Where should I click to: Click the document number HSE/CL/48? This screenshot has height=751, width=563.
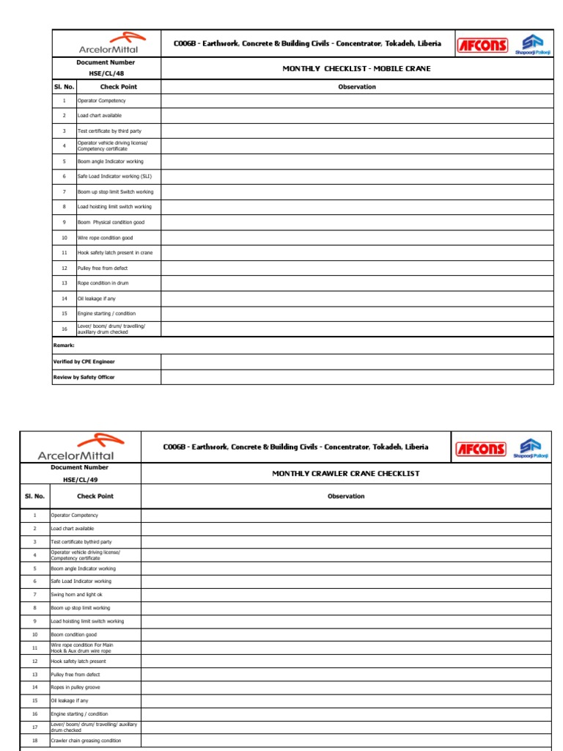click(106, 73)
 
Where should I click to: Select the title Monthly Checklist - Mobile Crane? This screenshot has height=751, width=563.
click(356, 69)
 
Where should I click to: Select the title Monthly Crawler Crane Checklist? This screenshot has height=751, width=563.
click(346, 474)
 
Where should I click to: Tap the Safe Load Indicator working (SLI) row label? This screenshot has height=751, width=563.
click(114, 177)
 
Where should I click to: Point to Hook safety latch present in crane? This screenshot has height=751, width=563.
click(115, 253)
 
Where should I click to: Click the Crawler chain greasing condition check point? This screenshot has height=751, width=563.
click(86, 741)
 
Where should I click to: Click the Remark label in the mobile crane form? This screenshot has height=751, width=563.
click(65, 345)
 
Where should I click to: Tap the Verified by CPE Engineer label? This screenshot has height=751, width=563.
click(84, 362)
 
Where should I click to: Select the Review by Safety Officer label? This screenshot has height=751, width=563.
click(84, 377)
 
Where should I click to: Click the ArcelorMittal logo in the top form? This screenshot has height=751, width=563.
click(107, 43)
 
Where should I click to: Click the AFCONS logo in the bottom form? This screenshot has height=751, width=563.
click(481, 449)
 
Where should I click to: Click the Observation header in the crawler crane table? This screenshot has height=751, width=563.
click(346, 497)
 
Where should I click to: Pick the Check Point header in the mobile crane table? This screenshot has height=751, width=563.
click(118, 87)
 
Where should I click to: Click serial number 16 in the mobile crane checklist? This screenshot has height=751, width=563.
click(64, 329)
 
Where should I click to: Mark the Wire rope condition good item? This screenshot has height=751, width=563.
click(106, 238)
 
